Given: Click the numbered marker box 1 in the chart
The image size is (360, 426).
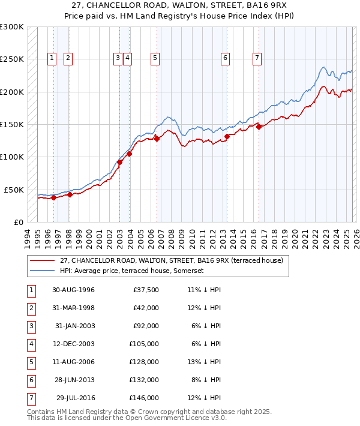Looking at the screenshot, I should pyautogui.click(x=52, y=58).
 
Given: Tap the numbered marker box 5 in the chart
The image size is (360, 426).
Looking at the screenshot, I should pyautogui.click(x=155, y=58).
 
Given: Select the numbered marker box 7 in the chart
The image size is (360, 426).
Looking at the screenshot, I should pyautogui.click(x=257, y=58).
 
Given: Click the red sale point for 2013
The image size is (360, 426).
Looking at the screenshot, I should pyautogui.click(x=227, y=136).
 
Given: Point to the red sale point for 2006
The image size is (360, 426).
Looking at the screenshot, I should pyautogui.click(x=157, y=139).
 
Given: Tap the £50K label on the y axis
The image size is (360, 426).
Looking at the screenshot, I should pyautogui.click(x=14, y=190).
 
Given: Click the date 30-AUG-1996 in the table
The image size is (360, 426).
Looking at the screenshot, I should pyautogui.click(x=73, y=290).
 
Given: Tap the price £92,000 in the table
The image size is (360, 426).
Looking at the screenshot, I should pyautogui.click(x=146, y=326).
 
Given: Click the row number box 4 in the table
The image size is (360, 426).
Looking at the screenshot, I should pyautogui.click(x=31, y=344).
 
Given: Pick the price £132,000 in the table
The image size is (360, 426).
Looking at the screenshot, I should pyautogui.click(x=145, y=380).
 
